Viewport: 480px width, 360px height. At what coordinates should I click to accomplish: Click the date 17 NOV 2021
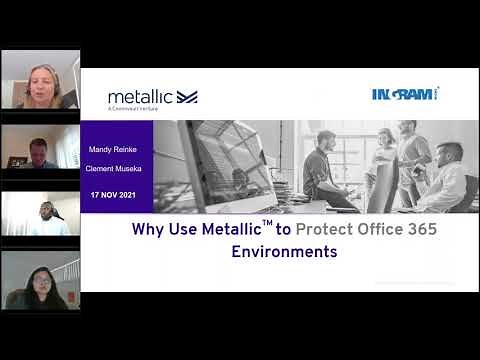coord(117,193)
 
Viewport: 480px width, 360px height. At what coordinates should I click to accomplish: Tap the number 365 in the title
coord(420,229)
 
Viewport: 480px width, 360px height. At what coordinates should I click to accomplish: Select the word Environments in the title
coord(284,252)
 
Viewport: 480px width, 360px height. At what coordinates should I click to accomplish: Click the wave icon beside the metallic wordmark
coord(187,96)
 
